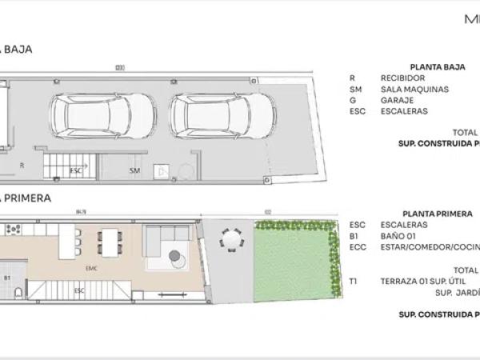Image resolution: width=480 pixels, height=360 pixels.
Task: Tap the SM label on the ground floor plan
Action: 134,170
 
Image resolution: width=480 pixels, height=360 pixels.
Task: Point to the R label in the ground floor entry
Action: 22,164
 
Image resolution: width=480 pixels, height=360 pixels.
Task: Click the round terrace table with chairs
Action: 230,238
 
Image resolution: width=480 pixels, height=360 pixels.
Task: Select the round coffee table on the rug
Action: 174,257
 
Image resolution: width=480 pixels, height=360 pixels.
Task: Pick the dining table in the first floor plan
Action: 109,239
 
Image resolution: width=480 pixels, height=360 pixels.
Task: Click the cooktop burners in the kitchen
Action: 14,229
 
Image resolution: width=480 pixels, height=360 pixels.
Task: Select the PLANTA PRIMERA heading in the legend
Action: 436,214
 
